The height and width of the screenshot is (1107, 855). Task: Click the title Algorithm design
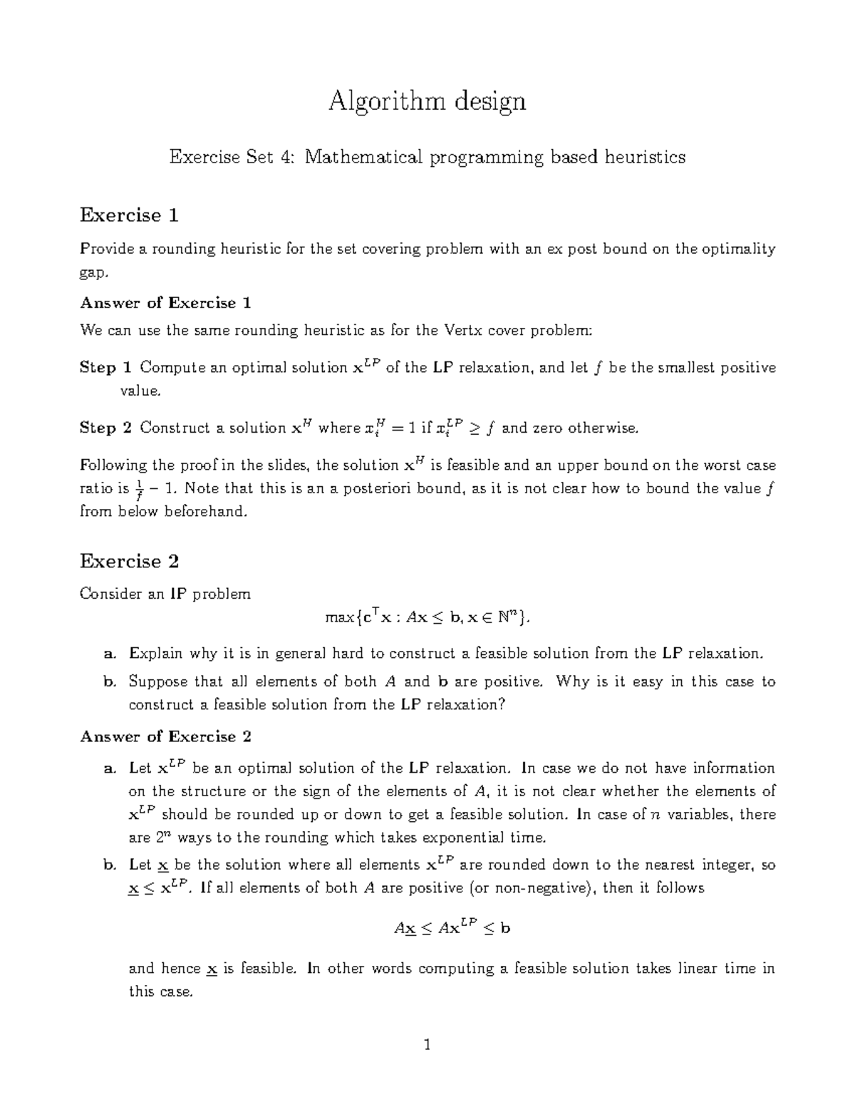pos(427,101)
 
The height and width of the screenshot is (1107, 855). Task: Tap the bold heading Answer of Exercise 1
pos(165,303)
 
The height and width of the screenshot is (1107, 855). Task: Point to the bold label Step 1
pos(106,368)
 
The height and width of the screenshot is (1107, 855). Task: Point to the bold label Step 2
pos(106,428)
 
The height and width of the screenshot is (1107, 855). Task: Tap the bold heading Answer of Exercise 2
pos(165,736)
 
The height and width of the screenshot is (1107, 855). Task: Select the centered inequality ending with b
pos(452,928)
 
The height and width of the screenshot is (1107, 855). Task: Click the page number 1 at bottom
pos(427,1046)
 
